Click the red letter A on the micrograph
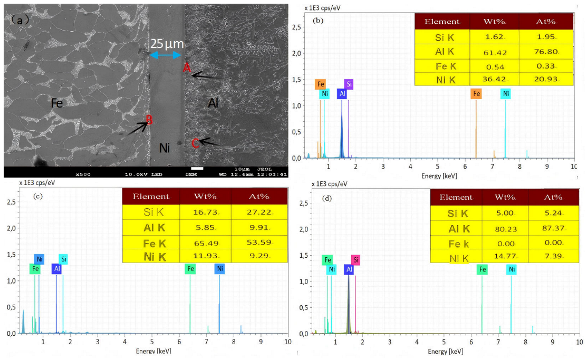pos(186,67)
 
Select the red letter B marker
pos(149,120)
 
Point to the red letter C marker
pos(195,142)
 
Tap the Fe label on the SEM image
pos(57,103)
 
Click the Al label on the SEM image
pos(213,103)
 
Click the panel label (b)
pos(319,21)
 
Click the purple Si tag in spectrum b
pos(349,84)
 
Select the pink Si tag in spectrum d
pos(357,260)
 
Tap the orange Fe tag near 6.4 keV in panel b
pos(476,94)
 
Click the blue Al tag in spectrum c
pos(56,269)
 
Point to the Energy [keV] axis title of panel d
pos(446,352)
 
